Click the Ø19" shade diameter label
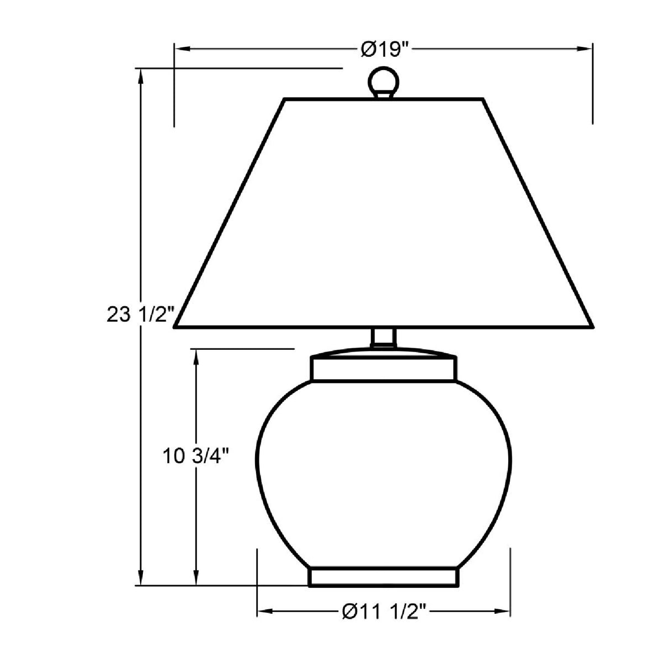(x=384, y=50)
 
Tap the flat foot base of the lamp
(x=384, y=577)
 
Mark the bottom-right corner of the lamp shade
(x=592, y=327)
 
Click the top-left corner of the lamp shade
(x=285, y=99)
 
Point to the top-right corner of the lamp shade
(x=482, y=99)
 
